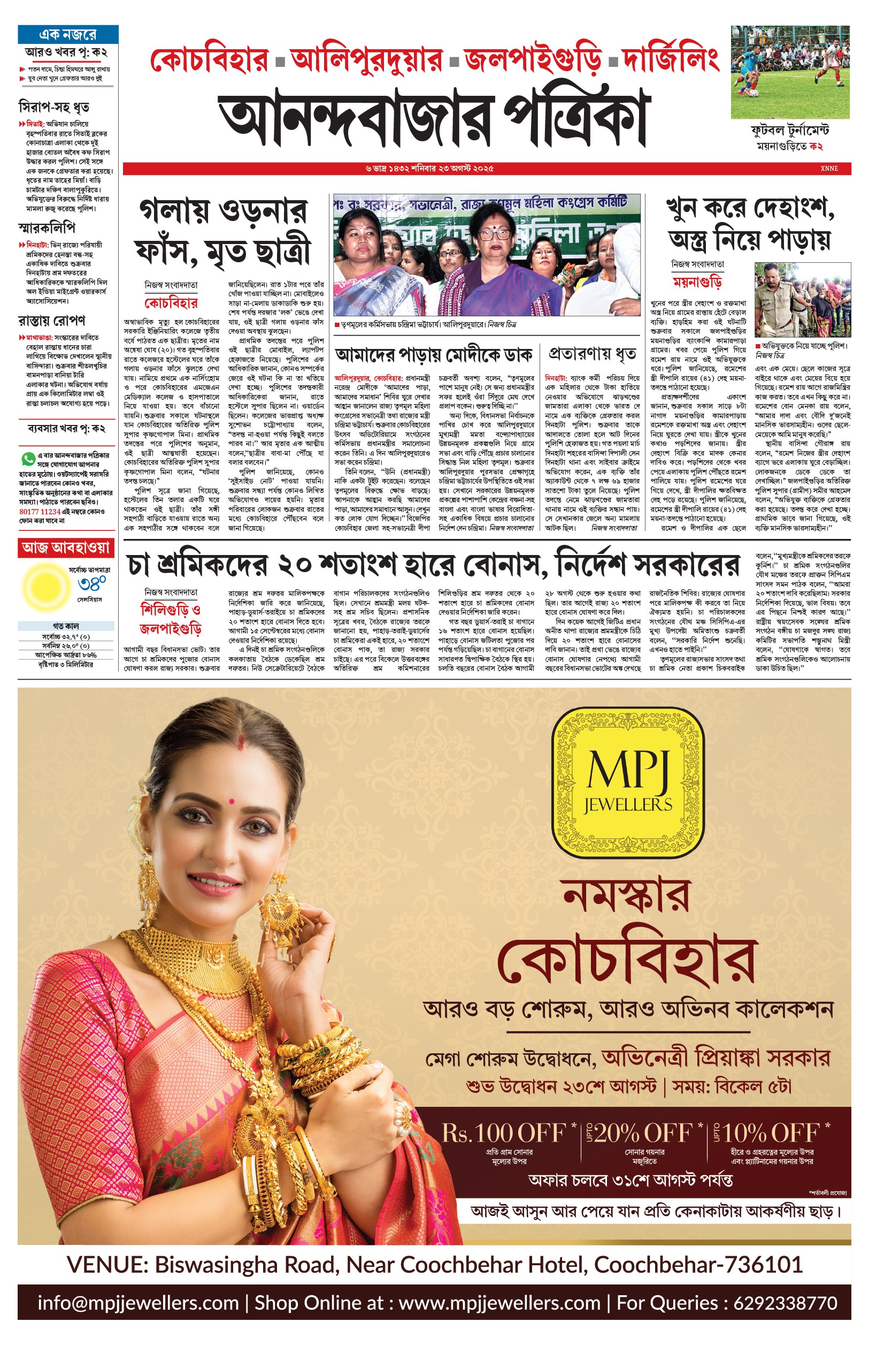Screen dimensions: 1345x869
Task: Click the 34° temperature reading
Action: click(x=92, y=584)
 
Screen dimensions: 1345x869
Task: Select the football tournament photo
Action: click(x=790, y=72)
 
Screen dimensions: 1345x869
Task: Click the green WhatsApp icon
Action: click(x=27, y=458)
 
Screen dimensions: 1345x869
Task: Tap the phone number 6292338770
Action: click(x=785, y=1303)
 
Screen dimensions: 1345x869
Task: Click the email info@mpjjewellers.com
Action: click(x=139, y=1303)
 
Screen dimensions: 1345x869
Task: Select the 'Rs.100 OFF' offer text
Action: click(x=503, y=1133)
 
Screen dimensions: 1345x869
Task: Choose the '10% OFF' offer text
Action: click(x=770, y=1133)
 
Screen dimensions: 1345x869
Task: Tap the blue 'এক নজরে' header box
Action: click(x=68, y=34)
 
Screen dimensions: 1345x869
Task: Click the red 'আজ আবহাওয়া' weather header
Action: click(x=65, y=547)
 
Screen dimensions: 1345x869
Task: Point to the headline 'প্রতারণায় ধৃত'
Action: click(x=592, y=354)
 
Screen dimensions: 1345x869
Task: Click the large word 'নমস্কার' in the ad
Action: click(x=626, y=897)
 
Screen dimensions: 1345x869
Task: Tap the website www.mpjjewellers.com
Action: click(x=499, y=1303)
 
